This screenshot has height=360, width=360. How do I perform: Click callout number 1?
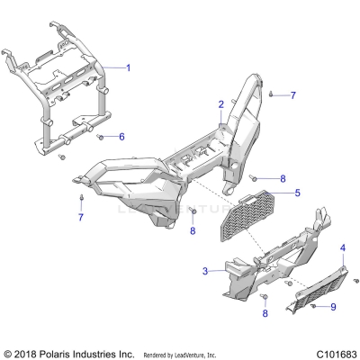128,68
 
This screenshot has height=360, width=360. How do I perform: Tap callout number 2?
220,104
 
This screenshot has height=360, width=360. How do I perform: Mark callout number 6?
122,137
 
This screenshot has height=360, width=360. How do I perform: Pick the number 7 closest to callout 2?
292,94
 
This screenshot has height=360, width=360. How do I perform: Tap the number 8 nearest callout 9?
265,313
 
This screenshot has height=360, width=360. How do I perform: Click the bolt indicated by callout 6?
101,137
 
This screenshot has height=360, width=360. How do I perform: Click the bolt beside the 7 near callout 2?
272,94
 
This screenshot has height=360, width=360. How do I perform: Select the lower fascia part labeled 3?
243,279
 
